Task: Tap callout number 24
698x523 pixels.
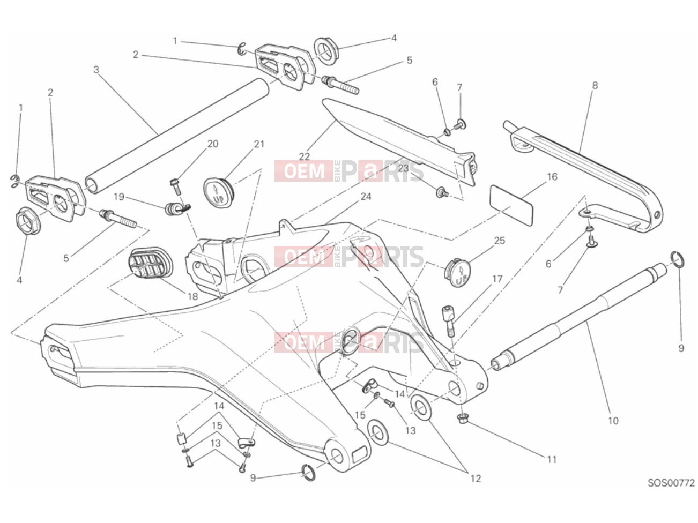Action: [366, 196]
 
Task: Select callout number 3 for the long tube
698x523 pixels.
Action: [96, 70]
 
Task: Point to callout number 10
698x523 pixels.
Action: [613, 421]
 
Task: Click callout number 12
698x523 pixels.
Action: [476, 479]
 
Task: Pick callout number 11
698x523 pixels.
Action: [552, 459]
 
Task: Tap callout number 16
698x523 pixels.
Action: [552, 177]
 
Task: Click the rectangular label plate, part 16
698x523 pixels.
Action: [511, 206]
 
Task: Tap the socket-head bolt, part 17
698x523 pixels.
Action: [449, 320]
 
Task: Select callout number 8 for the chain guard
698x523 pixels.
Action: [595, 85]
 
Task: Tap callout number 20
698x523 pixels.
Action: [213, 144]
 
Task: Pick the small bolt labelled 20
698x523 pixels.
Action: [175, 187]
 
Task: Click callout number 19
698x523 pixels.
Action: [118, 197]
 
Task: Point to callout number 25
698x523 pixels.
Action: [500, 241]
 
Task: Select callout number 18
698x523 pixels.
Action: [192, 296]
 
